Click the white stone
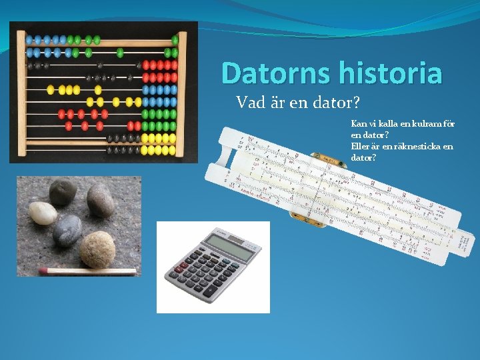(x=43, y=213)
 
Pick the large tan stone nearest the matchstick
(x=97, y=249)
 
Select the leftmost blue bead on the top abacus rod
(x=29, y=40)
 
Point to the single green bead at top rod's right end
(x=175, y=40)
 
